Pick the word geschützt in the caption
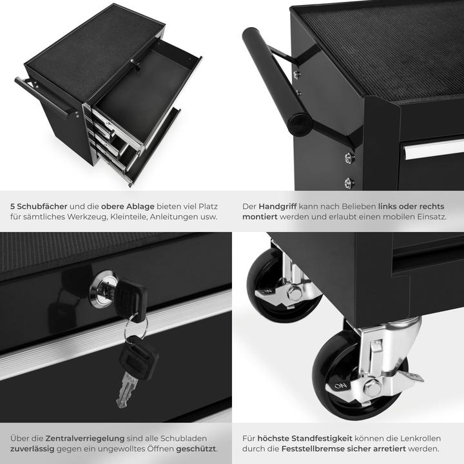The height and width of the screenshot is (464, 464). pos(195,449)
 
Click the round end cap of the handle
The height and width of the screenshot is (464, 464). pos(300,122)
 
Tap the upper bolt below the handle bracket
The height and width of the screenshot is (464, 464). pos(349,157)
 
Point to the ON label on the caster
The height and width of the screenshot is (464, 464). pos(340,386)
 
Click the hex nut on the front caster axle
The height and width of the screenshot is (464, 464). pos(372,389)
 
